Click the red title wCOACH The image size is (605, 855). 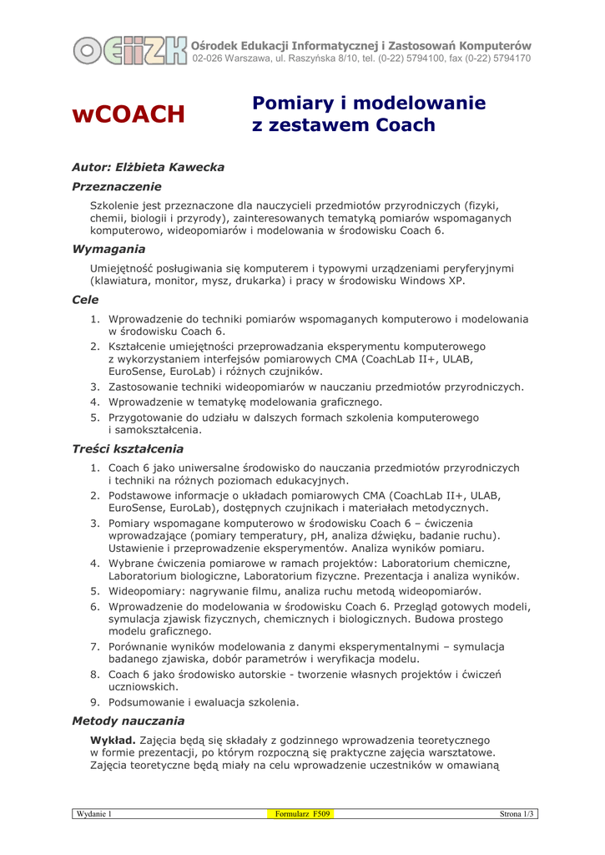128,114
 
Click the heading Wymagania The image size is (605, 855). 108,249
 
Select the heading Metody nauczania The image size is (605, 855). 128,719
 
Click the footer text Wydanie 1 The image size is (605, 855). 94,813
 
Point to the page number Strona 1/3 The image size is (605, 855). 517,813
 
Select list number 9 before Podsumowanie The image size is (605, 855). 95,702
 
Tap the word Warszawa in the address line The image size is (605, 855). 249,59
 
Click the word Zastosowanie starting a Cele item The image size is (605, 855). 147,387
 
